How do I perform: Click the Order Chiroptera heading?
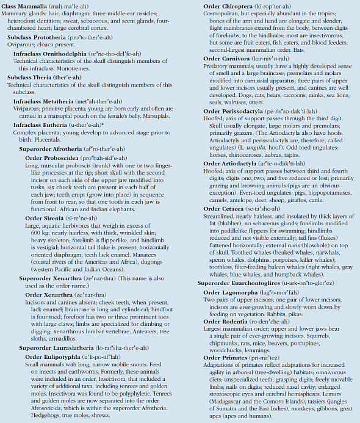pyautogui.click(x=228, y=5)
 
